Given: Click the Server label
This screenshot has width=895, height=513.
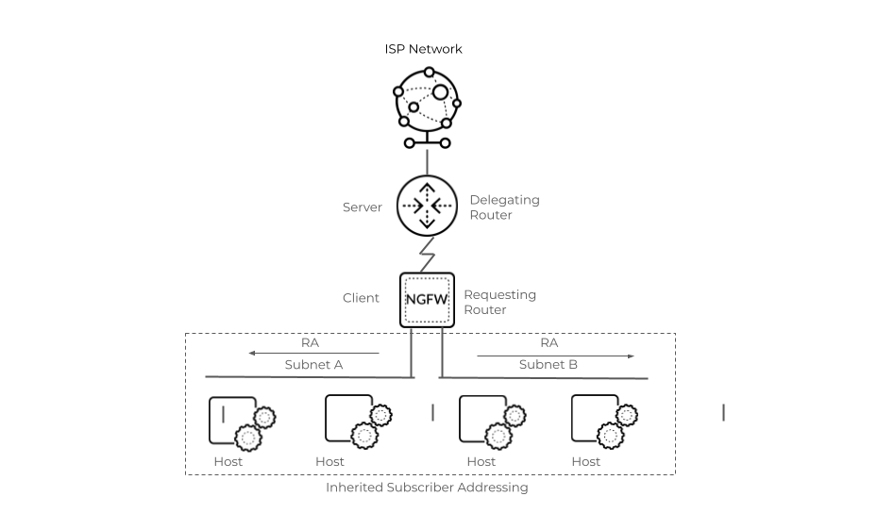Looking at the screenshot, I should [x=363, y=207].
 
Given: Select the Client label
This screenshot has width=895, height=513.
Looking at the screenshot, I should [x=361, y=298].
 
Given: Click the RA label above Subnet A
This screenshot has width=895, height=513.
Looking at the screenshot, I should [x=310, y=342].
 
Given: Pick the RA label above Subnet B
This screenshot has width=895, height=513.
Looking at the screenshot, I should [x=549, y=342].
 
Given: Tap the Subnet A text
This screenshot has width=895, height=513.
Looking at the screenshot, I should [x=313, y=365].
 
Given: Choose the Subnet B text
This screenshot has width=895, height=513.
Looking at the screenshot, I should [x=548, y=364].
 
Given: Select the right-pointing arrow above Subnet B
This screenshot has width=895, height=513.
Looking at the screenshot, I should [x=556, y=356].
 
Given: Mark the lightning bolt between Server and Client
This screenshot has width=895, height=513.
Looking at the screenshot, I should [x=428, y=255].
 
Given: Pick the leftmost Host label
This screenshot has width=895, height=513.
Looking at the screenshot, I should [x=228, y=461].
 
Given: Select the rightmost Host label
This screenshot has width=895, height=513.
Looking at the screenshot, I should [x=585, y=461].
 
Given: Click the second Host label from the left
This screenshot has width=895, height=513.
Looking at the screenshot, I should [x=329, y=461].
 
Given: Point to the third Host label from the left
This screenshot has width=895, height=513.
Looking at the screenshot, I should [x=481, y=461].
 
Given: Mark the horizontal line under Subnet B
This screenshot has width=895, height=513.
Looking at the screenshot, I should [x=544, y=378].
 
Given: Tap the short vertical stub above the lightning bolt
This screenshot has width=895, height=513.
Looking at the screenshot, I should [x=427, y=161].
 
